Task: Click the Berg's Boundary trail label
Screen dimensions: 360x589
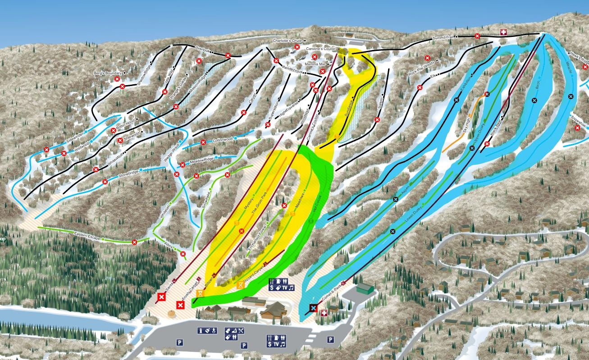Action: [x=107, y=73]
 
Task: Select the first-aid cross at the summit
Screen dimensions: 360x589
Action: [x=504, y=32]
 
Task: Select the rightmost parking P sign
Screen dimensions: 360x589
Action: [x=331, y=340]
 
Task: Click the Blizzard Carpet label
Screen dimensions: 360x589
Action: [x=254, y=275]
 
